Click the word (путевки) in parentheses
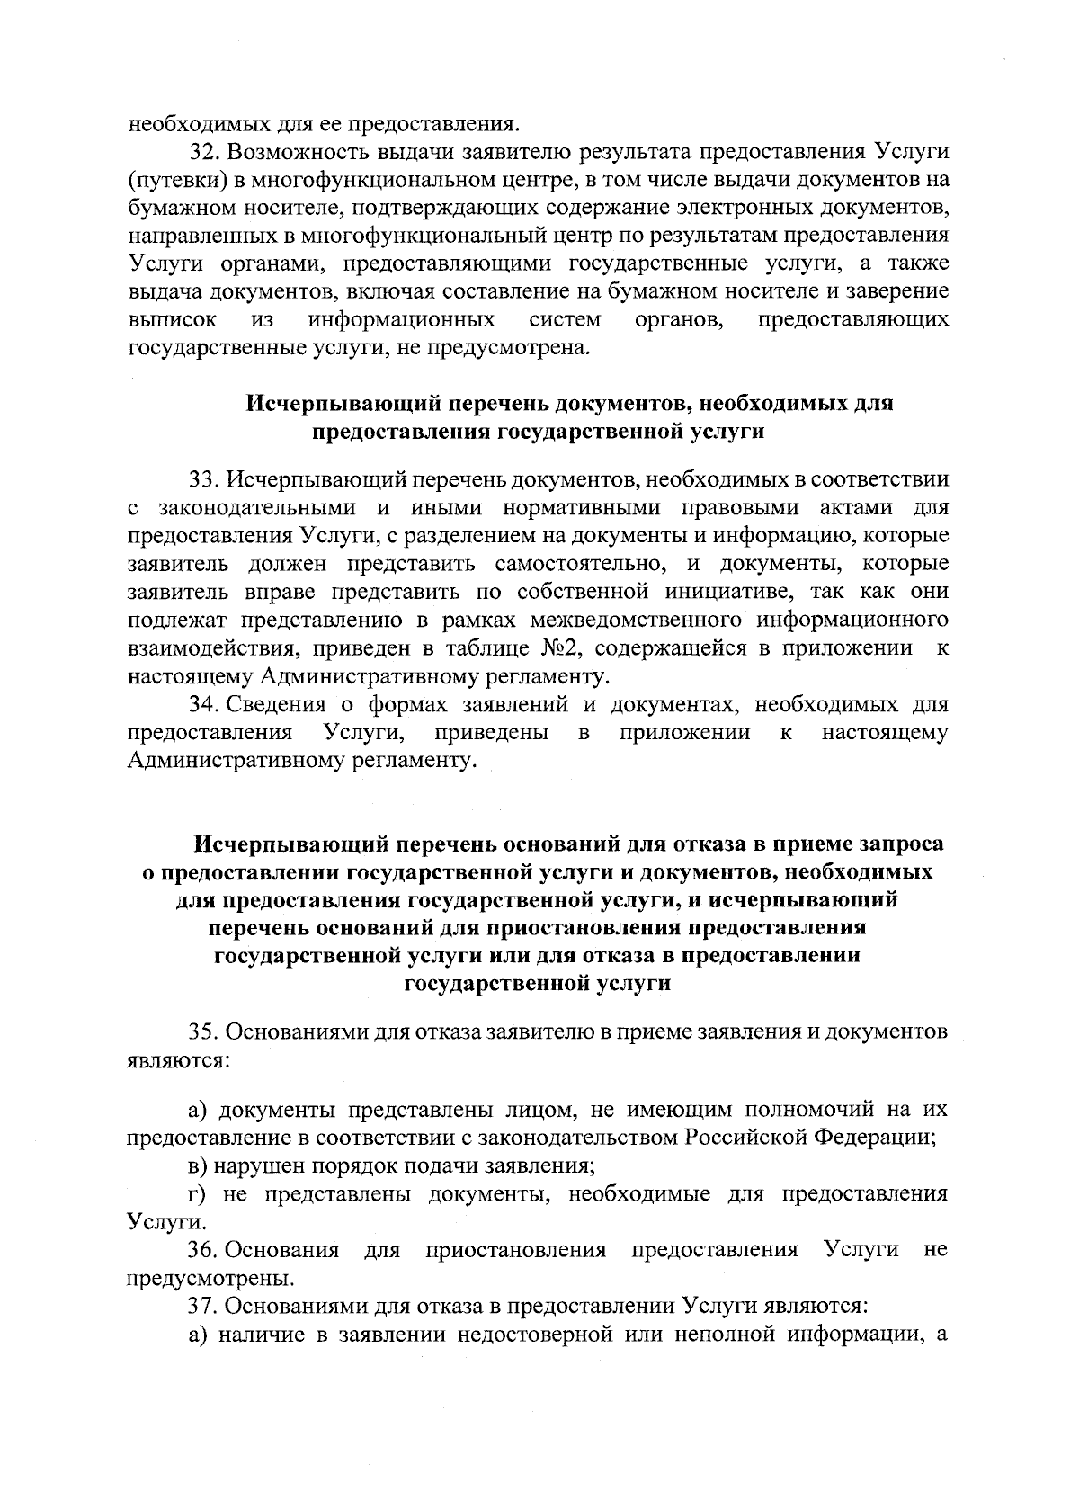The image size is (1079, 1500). [175, 179]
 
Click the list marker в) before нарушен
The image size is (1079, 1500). [198, 1166]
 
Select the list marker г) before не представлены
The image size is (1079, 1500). [197, 1194]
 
